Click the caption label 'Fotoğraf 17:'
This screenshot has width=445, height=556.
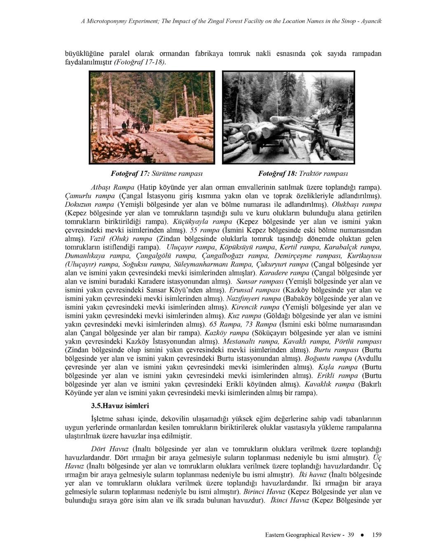[130, 173]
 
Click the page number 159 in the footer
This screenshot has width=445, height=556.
[377, 535]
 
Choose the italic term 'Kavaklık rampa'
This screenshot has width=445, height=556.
[329, 384]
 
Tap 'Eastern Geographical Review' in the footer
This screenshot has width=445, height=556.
[304, 535]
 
